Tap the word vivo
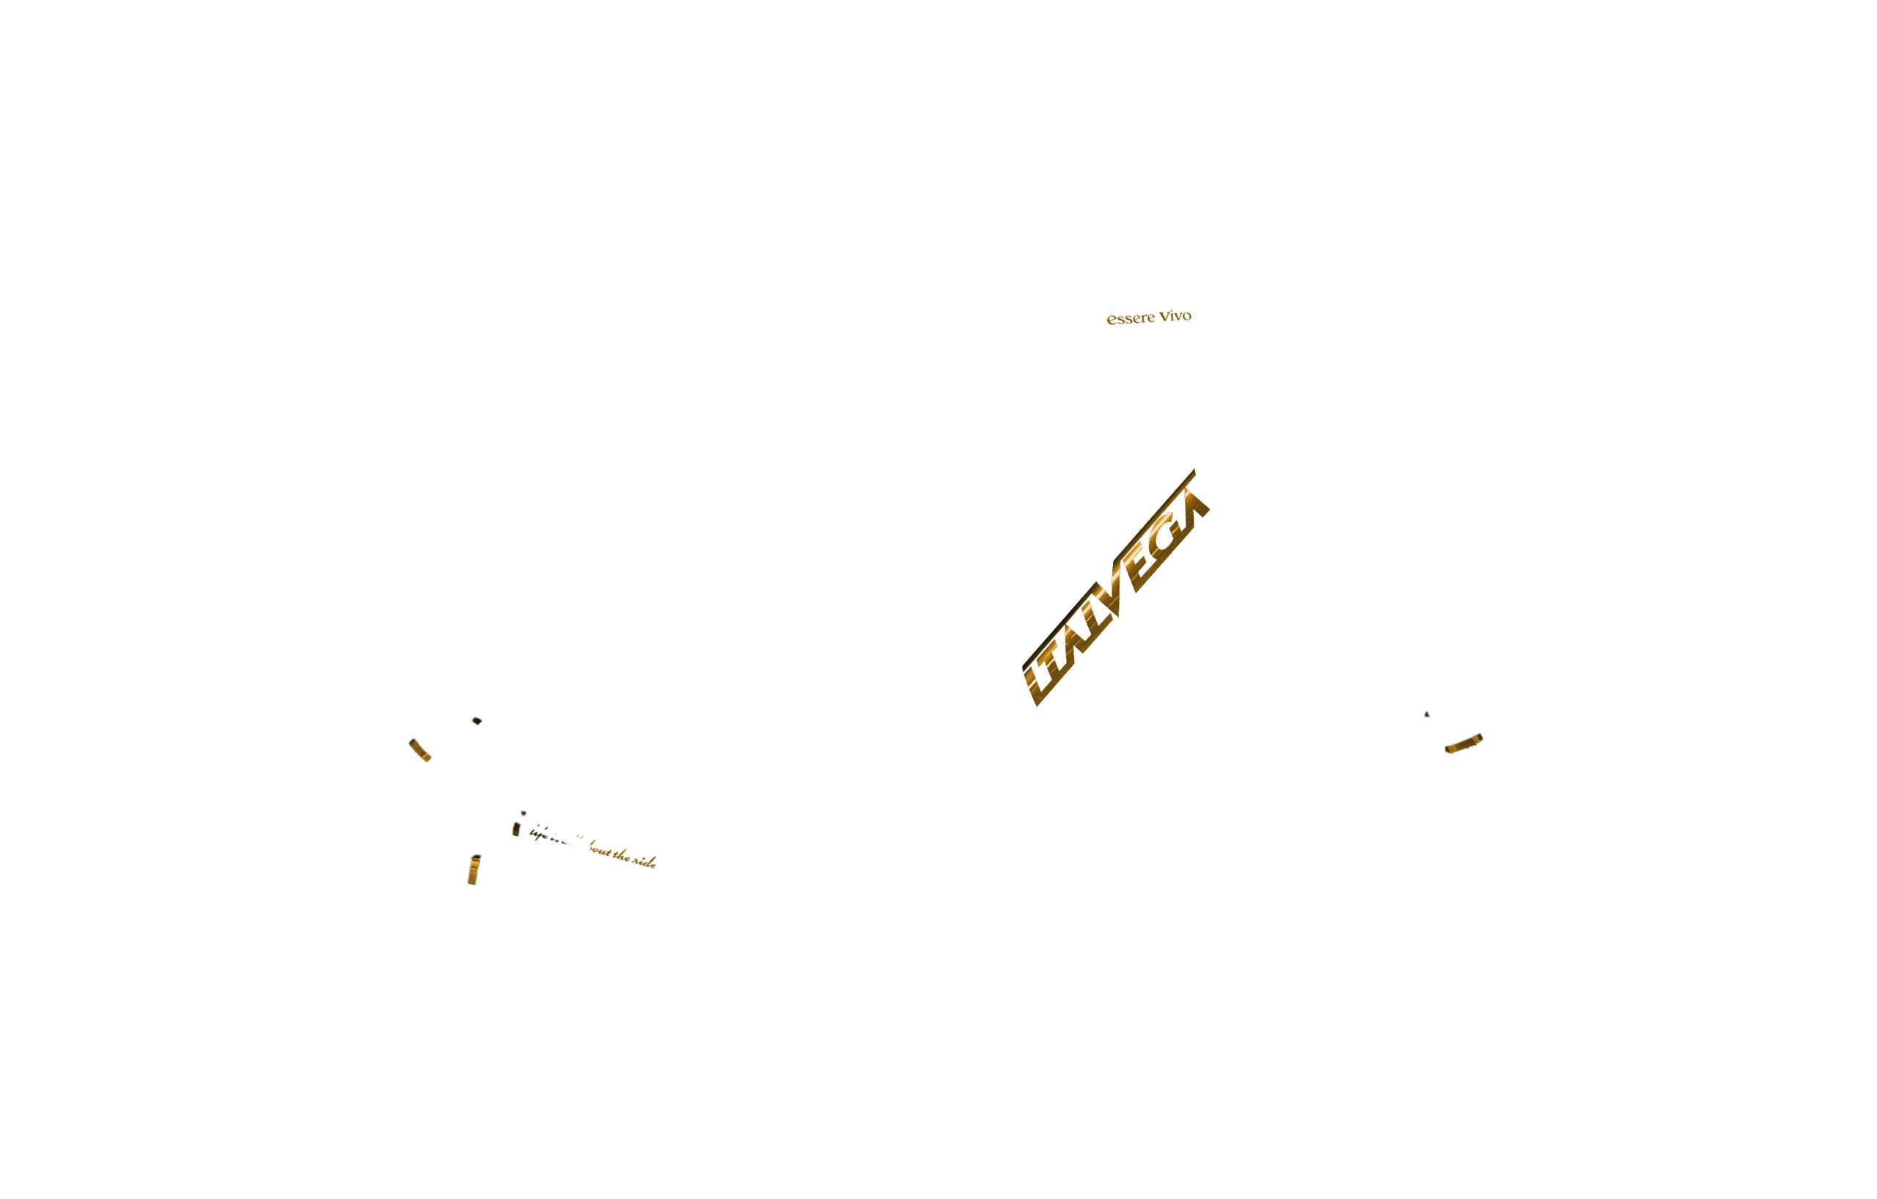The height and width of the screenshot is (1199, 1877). [x=1175, y=316]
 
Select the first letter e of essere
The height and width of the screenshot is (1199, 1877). [x=1111, y=320]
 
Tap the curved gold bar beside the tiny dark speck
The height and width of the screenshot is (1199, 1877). [x=1463, y=744]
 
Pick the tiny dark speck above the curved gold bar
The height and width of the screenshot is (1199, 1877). [x=1427, y=714]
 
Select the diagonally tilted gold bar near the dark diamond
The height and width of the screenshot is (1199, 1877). [x=419, y=749]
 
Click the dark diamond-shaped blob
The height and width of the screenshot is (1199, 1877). [x=477, y=720]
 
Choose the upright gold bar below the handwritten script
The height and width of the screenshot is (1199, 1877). [x=473, y=870]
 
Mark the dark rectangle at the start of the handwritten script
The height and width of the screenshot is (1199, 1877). [x=516, y=829]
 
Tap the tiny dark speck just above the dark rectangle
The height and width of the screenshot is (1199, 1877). [x=524, y=813]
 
